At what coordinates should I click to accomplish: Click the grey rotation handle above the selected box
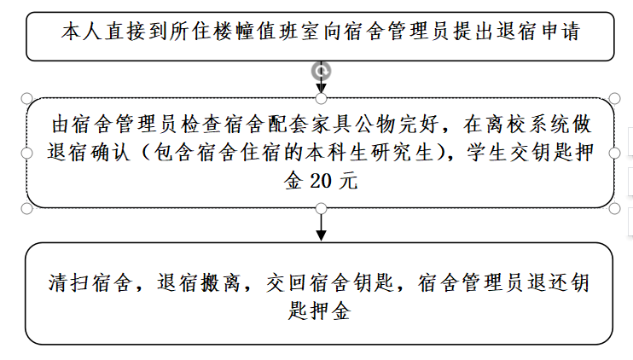pos(321,72)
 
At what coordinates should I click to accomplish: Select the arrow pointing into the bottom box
pos(321,227)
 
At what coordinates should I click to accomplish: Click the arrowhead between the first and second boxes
pos(321,89)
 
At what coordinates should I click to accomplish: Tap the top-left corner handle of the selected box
pos(26,98)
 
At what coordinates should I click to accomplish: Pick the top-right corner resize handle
pos(614,98)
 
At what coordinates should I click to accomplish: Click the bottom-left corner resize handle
pos(26,209)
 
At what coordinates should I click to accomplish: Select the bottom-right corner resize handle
pos(614,209)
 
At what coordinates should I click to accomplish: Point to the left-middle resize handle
pos(26,154)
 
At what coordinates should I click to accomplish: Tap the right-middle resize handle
pos(614,154)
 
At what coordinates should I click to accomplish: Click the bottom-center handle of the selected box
pos(321,209)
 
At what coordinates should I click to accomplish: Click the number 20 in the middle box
pos(321,181)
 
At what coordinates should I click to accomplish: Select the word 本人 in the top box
pos(82,32)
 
